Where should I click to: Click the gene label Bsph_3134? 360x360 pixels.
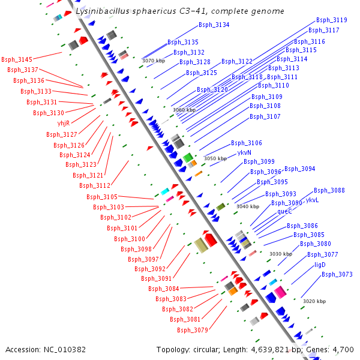214,25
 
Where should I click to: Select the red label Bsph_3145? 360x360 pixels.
17,59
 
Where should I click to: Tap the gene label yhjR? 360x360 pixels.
64,123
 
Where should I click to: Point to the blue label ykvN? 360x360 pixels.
244,153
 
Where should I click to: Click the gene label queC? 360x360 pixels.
284,211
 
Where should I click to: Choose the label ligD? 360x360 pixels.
320,265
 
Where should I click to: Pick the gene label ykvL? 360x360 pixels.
312,200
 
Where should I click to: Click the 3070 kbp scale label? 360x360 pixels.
153,61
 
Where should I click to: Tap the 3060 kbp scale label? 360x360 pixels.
184,110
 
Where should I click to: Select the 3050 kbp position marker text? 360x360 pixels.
215,158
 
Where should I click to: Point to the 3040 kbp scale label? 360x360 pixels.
248,206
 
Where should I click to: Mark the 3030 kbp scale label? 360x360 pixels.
280,254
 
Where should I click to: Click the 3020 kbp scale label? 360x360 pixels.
314,301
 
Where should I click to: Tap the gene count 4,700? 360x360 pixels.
343,349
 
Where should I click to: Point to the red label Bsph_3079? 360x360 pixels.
192,329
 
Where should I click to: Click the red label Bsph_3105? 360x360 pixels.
102,197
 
